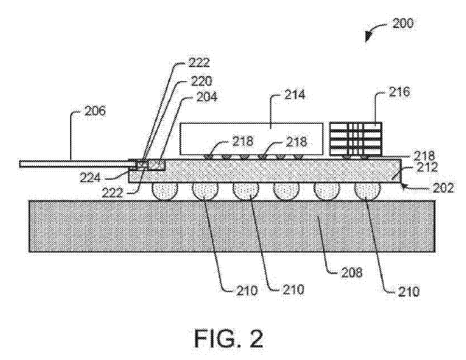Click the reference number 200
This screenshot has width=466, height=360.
click(x=403, y=23)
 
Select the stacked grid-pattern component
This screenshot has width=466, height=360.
click(x=355, y=139)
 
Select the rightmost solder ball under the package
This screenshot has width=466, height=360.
click(x=366, y=190)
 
